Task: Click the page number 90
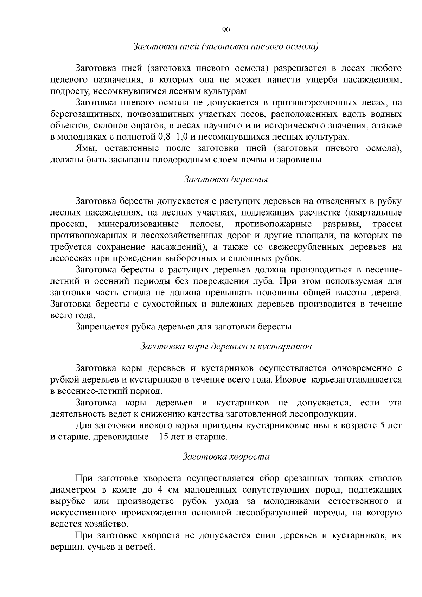click(x=226, y=30)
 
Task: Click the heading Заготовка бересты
click(x=226, y=179)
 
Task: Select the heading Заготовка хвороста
click(x=226, y=456)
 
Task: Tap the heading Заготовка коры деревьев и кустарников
click(x=226, y=346)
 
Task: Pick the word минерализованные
click(x=139, y=224)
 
